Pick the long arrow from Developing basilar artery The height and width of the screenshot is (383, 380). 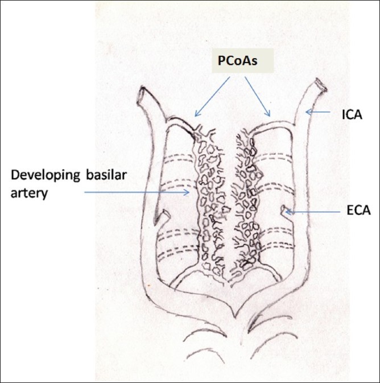137,192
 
